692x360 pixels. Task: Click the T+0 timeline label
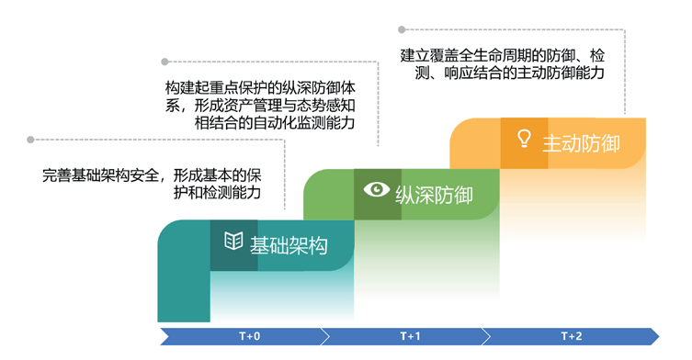pyautogui.click(x=249, y=336)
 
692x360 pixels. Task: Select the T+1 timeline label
pyautogui.click(x=411, y=336)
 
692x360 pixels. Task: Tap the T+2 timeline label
pyautogui.click(x=572, y=336)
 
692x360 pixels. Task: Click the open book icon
pyautogui.click(x=233, y=242)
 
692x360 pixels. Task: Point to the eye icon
pyautogui.click(x=377, y=190)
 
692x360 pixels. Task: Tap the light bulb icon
pyautogui.click(x=524, y=139)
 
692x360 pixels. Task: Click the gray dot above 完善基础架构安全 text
pyautogui.click(x=30, y=140)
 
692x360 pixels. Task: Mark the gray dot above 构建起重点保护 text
pyautogui.click(x=165, y=62)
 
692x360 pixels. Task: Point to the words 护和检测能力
pyautogui.click(x=217, y=193)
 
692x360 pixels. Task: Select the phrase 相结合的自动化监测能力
pyautogui.click(x=275, y=122)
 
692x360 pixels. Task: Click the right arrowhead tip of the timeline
pyautogui.click(x=657, y=336)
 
